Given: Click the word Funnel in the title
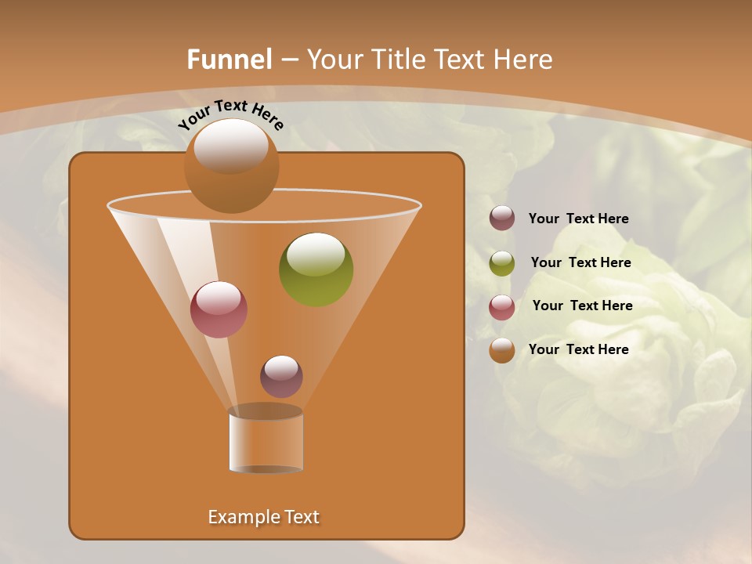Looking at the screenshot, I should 229,60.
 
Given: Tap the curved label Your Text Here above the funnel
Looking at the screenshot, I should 231,114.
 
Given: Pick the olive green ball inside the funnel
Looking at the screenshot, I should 316,270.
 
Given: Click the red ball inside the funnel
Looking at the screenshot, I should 219,309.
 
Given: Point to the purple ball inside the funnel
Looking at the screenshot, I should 281,377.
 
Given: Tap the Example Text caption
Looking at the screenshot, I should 264,517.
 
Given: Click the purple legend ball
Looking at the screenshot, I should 502,219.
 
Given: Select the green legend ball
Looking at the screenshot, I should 502,262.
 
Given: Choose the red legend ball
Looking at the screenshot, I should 502,306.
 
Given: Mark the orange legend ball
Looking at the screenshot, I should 502,350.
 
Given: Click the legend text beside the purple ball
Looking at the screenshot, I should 578,219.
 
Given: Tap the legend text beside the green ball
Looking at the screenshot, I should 580,263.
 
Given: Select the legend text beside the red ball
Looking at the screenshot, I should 582,306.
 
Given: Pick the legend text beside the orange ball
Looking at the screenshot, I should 578,350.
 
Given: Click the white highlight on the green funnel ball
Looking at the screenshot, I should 316,255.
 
